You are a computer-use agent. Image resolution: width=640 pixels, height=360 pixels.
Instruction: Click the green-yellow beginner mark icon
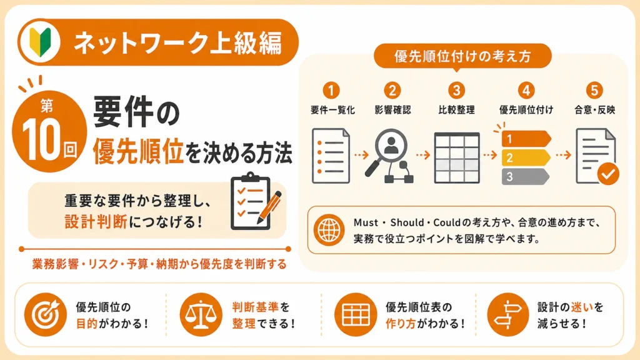(40, 42)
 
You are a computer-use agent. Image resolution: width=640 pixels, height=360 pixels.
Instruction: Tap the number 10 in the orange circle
(41, 140)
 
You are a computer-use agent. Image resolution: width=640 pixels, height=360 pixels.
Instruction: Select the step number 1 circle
(331, 90)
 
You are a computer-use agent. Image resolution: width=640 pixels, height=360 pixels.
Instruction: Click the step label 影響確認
(392, 110)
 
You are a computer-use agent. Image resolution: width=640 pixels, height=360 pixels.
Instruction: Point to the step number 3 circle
(456, 90)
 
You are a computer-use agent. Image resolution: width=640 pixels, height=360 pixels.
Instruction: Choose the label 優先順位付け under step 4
(526, 110)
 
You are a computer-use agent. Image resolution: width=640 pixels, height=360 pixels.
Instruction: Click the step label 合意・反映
(595, 110)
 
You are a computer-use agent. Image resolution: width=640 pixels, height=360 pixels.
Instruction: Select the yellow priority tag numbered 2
(526, 157)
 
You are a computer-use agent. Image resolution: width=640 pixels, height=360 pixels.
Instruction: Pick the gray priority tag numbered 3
(525, 177)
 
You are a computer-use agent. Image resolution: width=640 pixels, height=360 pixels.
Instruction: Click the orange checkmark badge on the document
(608, 174)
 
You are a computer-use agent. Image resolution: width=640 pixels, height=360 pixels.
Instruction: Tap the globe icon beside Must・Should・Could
(329, 230)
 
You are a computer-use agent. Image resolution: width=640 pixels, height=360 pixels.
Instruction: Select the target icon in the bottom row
(45, 314)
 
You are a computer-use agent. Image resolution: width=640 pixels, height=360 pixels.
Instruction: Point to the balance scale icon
(201, 314)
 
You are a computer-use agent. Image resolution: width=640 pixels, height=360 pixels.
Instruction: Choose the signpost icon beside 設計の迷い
(508, 314)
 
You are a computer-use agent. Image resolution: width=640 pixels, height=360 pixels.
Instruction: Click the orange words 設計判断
(96, 222)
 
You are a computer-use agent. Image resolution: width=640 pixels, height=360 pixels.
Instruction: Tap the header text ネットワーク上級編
(178, 43)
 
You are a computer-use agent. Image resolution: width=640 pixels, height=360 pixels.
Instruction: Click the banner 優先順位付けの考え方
(462, 56)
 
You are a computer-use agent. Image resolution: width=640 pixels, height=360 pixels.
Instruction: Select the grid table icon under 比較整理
(457, 157)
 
